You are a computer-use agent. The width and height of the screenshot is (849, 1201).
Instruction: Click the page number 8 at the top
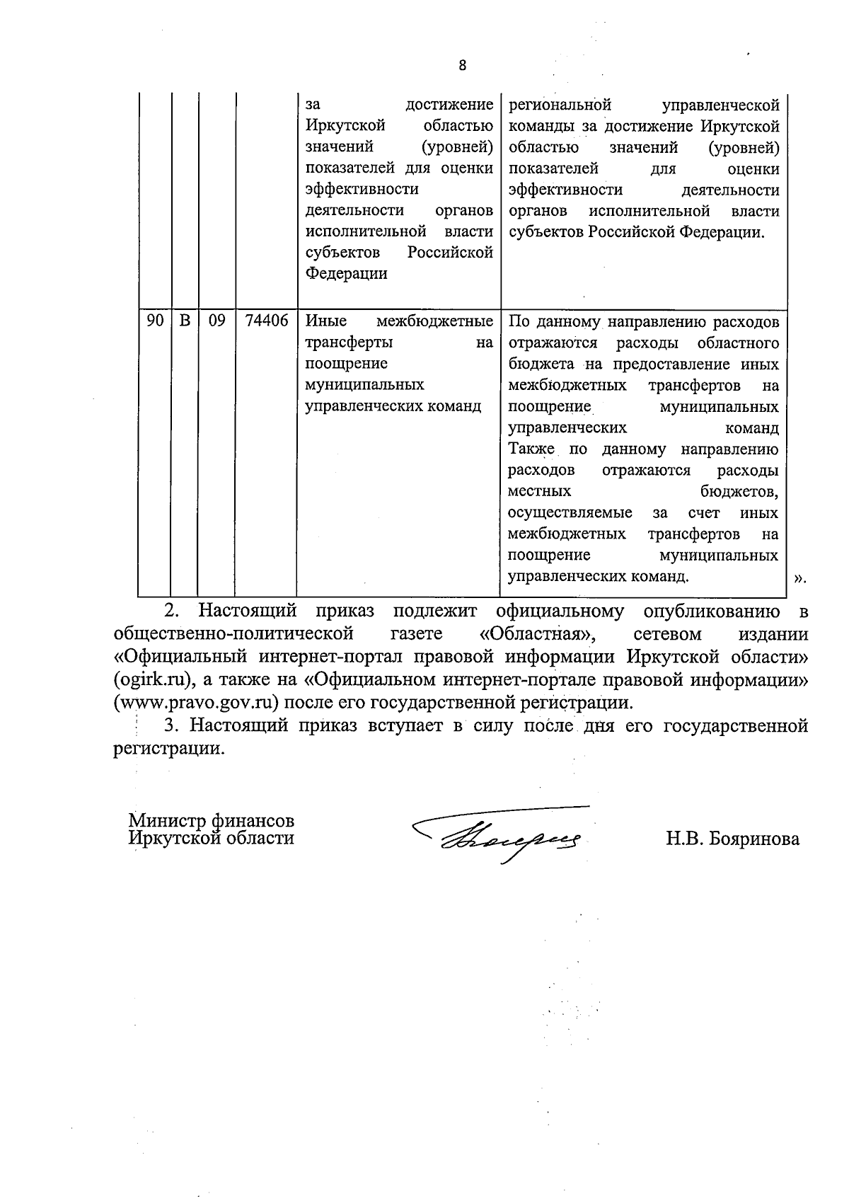click(462, 66)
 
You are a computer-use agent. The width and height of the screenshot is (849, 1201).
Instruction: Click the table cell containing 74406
click(266, 321)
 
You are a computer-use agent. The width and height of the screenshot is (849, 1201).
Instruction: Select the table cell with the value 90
click(155, 321)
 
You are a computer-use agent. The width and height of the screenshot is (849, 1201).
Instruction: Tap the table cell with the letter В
click(185, 321)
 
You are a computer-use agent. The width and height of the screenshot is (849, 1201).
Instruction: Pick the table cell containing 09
click(216, 321)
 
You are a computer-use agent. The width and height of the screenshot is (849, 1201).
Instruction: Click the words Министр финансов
click(211, 821)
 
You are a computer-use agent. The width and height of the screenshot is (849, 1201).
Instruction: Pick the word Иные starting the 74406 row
click(325, 321)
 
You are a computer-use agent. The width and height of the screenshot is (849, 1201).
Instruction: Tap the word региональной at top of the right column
click(559, 105)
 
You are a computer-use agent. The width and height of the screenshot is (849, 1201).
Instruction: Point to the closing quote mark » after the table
click(799, 578)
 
